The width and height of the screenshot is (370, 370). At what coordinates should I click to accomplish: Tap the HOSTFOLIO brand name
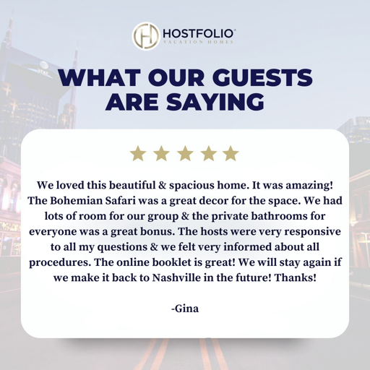[199, 33]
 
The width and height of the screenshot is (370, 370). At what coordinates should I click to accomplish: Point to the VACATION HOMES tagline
[199, 43]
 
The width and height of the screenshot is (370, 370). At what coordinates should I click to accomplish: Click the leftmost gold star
[137, 153]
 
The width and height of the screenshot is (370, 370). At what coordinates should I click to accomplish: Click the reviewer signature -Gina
[184, 309]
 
